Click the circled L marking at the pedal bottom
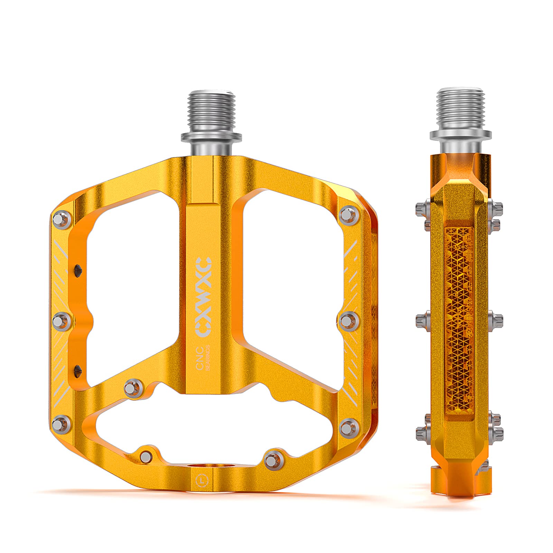point(201,480)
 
